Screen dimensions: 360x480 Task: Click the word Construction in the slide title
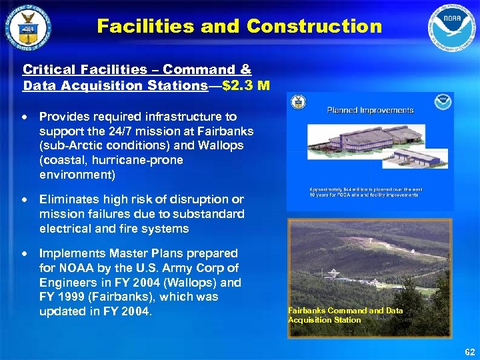click(314, 27)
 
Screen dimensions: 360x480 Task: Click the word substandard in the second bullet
click(211, 214)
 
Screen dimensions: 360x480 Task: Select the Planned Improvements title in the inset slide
click(370, 110)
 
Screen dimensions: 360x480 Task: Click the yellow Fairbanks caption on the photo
click(345, 315)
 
